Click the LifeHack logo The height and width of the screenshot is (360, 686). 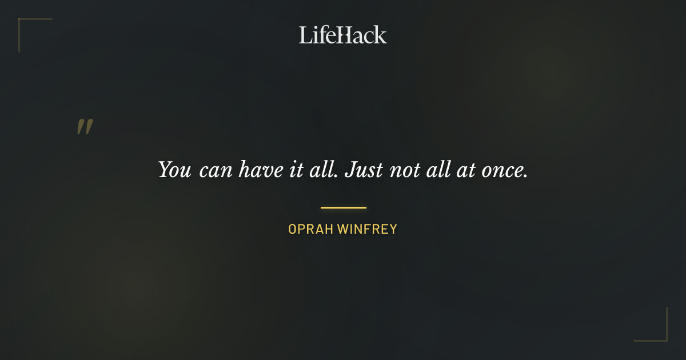[343, 35]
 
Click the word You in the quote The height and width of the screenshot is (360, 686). [174, 170]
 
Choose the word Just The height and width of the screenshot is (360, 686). [364, 170]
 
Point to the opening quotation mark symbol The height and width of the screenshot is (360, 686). [85, 127]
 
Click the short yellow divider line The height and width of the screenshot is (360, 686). [343, 207]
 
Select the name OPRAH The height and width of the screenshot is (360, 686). [310, 229]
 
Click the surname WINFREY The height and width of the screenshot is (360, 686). [367, 229]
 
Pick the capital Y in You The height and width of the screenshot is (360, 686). [166, 170]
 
